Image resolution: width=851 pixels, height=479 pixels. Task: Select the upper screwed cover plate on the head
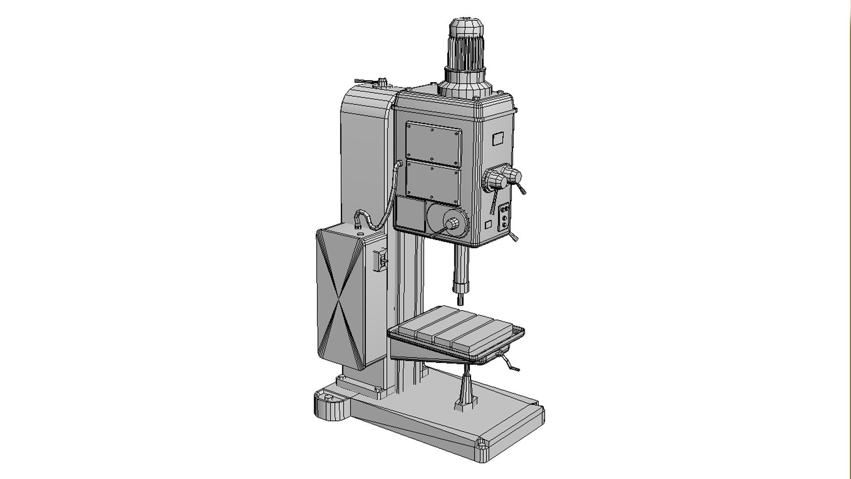(433, 143)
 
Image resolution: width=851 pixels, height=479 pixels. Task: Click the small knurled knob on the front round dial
(453, 224)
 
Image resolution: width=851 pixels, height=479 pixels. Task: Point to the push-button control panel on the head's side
(504, 217)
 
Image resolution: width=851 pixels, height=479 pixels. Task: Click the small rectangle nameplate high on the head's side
(498, 139)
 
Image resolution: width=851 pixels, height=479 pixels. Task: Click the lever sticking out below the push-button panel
(513, 238)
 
